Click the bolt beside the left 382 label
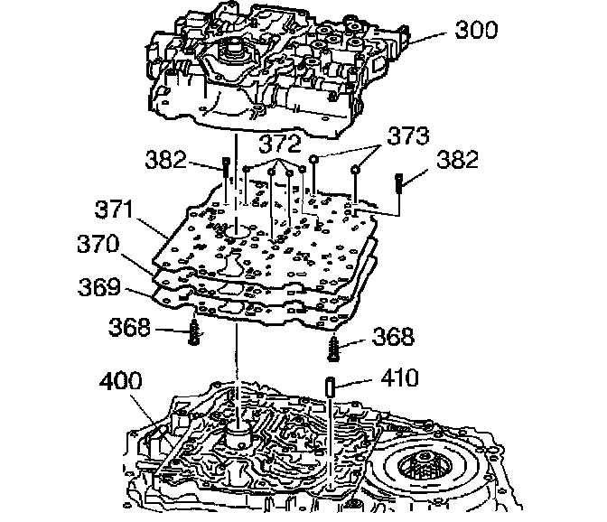[x=222, y=167]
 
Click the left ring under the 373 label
[x=313, y=162]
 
